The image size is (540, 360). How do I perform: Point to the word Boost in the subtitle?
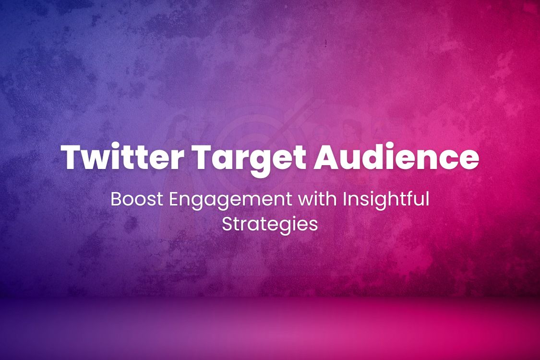click(x=132, y=199)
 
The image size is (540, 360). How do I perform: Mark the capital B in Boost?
click(x=116, y=199)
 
